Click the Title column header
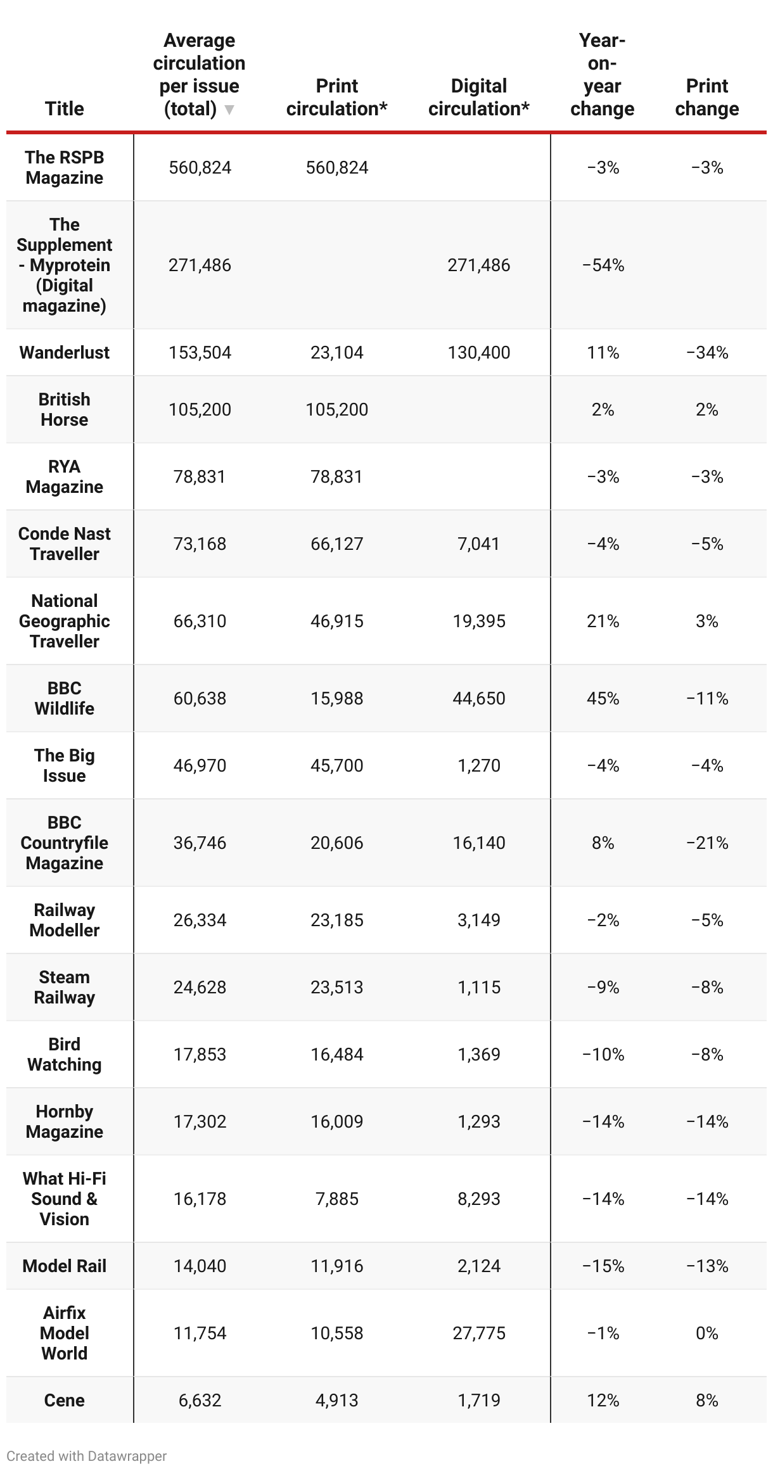coord(64,108)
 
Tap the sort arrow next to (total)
coord(229,110)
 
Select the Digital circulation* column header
coord(478,97)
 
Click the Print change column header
coord(706,97)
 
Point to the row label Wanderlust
coord(64,352)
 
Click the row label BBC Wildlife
coord(64,698)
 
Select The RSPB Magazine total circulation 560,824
coord(200,167)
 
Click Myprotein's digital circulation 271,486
coord(478,265)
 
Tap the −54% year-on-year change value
coord(603,265)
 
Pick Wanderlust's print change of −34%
coord(706,352)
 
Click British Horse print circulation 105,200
coord(336,409)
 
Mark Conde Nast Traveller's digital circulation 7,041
coord(478,544)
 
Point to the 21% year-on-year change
coord(603,621)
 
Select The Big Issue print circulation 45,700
coord(336,765)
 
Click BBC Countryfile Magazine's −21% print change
coord(706,843)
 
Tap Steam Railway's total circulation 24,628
coord(200,987)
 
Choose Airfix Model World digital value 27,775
coord(478,1333)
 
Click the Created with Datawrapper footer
coord(87,1456)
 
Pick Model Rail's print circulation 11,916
coord(336,1266)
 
